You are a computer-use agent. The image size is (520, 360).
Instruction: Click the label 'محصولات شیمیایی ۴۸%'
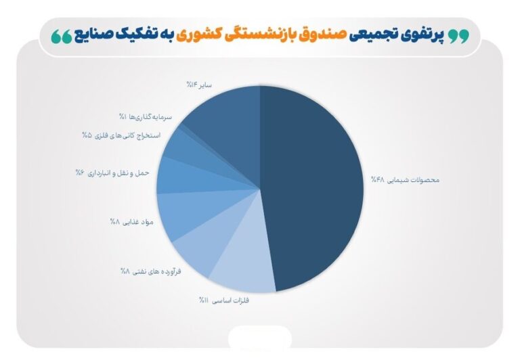coord(405,180)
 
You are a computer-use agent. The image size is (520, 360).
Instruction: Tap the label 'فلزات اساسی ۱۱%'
coord(224,300)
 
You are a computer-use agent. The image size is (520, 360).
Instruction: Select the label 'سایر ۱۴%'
coord(199,85)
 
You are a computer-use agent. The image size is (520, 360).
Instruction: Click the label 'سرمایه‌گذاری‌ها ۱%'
coord(146,116)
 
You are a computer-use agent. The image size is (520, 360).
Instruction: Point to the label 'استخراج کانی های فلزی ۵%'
coord(121,135)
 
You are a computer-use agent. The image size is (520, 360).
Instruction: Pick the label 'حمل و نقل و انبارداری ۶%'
coord(112,173)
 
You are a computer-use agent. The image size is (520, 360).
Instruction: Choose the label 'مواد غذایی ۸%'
coord(131,222)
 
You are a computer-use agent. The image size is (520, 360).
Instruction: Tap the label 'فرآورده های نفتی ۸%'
coord(151,271)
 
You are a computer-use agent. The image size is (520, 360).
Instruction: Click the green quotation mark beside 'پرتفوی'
coord(459,36)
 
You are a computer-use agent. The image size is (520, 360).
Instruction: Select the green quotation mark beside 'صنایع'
coord(62,36)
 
